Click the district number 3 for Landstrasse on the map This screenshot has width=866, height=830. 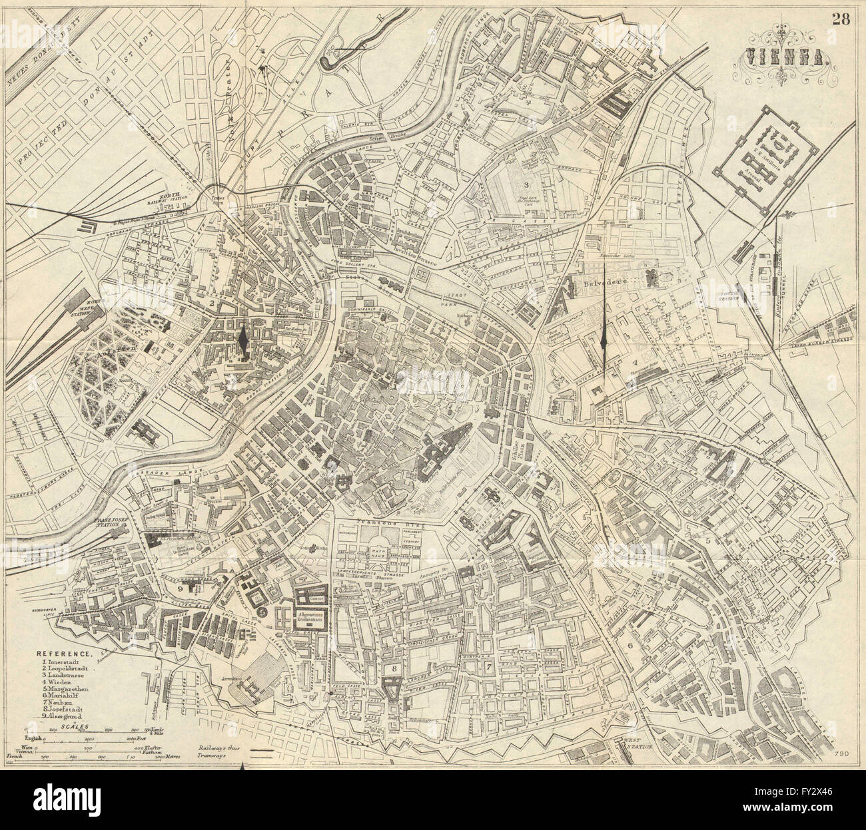point(526,184)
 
